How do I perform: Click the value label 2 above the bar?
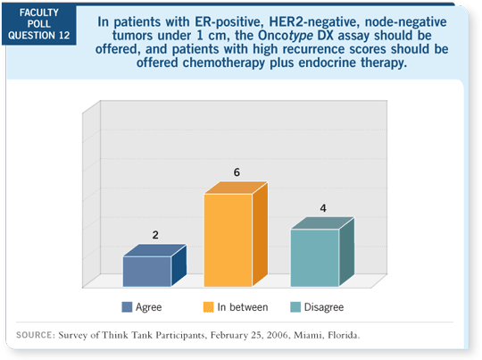(x=155, y=235)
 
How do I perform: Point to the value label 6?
(x=237, y=172)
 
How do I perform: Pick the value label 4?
(x=323, y=208)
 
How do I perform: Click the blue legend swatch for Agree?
(x=127, y=307)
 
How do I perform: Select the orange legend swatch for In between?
(x=208, y=307)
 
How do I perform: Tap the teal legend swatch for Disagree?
(x=295, y=307)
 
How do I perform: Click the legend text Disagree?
(x=324, y=307)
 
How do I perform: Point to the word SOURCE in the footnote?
(x=35, y=335)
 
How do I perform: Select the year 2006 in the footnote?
(x=278, y=335)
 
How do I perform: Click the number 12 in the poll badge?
(x=64, y=36)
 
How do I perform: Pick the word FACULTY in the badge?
(x=39, y=13)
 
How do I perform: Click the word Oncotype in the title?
(x=286, y=36)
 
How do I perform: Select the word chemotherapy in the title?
(x=224, y=63)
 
